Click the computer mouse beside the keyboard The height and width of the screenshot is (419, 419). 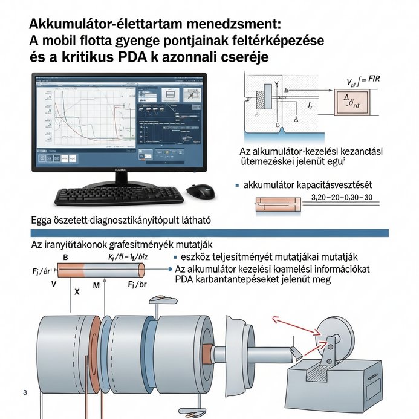point(200,191)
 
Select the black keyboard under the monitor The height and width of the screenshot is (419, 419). point(120,195)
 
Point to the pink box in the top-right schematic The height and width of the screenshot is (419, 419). point(350,100)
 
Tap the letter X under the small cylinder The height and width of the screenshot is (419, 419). point(76,291)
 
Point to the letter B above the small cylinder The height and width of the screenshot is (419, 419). point(65,257)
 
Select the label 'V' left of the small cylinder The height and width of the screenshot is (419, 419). point(54,283)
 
